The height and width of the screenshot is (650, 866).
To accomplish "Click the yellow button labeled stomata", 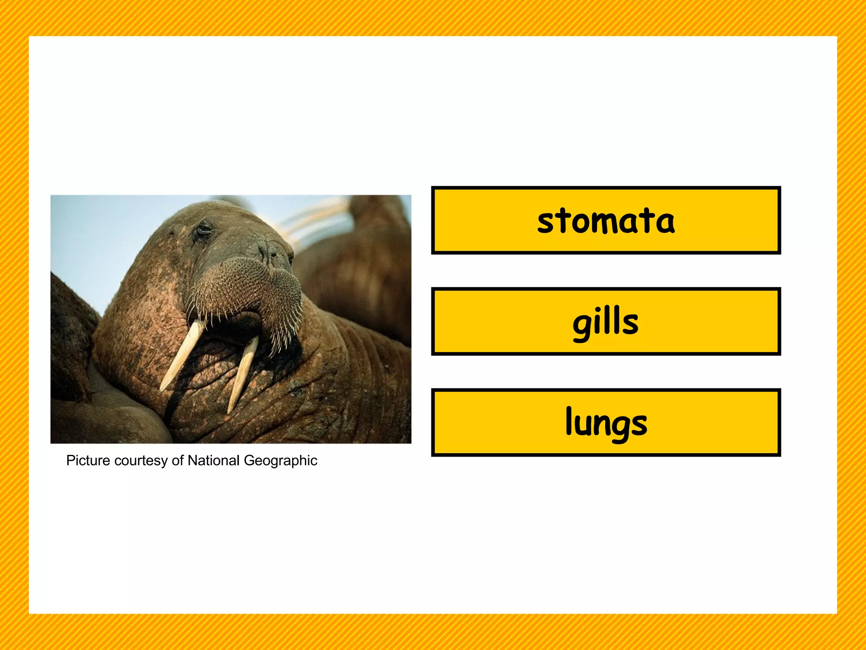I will pyautogui.click(x=606, y=220).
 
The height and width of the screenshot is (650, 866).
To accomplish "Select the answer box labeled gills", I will pyautogui.click(x=606, y=321).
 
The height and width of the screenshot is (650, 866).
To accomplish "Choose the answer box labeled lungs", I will pyautogui.click(x=606, y=422).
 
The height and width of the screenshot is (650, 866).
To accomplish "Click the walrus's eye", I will pyautogui.click(x=204, y=230).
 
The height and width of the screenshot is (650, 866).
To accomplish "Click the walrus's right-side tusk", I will pyautogui.click(x=243, y=372).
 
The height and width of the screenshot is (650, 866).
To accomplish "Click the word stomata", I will pyautogui.click(x=606, y=221).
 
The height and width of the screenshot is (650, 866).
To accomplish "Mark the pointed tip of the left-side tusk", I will pyautogui.click(x=162, y=388).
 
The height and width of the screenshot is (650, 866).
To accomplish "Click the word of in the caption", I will pyautogui.click(x=178, y=460).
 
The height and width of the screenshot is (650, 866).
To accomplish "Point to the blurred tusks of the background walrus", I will pyautogui.click(x=313, y=220).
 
